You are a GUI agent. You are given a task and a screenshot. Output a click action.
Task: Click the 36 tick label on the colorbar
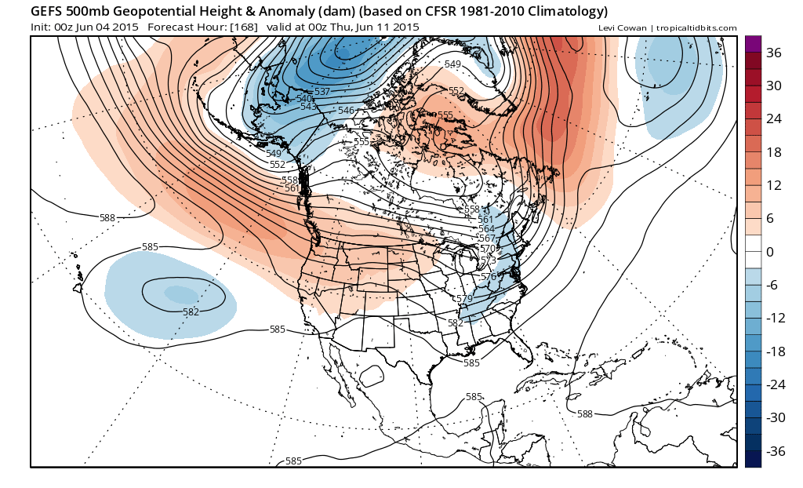click(775, 53)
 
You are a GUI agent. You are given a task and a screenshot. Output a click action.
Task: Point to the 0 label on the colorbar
click(770, 252)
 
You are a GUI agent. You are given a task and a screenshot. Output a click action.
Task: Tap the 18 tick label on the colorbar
click(774, 152)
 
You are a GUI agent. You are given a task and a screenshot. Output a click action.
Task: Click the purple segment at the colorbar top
click(753, 44)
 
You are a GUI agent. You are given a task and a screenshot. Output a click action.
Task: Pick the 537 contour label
click(322, 92)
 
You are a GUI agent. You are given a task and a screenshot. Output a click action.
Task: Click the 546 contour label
click(346, 111)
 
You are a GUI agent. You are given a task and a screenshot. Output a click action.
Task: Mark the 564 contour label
click(487, 229)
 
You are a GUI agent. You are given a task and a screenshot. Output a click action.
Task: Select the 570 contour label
click(488, 248)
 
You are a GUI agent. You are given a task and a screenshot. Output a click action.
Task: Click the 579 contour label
click(463, 299)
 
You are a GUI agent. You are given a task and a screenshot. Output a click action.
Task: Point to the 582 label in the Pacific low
click(191, 311)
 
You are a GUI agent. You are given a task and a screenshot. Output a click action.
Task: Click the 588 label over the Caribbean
click(585, 413)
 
